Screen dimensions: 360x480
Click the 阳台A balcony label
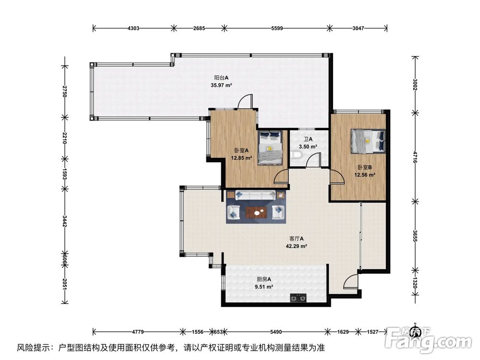[221, 77]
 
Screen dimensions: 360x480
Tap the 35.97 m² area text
[221, 85]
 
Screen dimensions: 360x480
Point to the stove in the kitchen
[298, 299]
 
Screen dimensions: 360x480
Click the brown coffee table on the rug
[256, 212]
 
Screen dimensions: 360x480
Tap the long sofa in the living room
[255, 195]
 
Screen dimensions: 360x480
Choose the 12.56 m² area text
[364, 175]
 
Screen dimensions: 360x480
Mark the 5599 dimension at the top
[276, 28]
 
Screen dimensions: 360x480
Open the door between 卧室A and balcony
[245, 102]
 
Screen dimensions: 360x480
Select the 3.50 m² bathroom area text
[308, 147]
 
